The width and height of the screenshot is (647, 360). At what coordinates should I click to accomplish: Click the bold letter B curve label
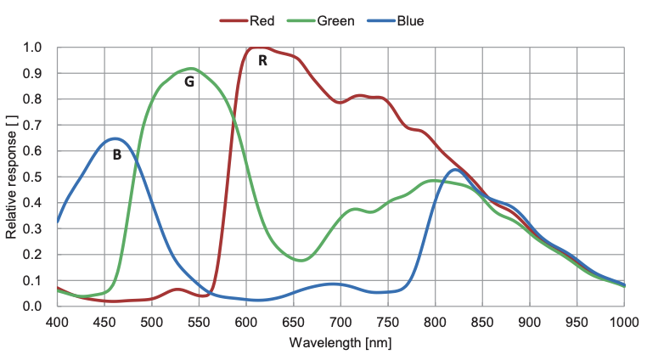coord(117,155)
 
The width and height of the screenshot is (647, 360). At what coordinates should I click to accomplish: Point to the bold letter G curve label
coord(189,82)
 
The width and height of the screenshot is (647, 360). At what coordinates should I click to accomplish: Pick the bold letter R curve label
coord(263,61)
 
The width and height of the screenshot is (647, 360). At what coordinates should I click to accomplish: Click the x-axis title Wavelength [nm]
coord(340,344)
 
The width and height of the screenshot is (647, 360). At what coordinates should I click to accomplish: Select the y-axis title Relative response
coord(12,176)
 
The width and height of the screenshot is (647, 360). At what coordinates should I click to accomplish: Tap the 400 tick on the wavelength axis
coord(57,323)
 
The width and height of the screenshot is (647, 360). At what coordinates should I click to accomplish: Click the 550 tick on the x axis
coord(199,323)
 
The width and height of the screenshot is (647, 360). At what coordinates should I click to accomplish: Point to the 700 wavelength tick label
coord(340,323)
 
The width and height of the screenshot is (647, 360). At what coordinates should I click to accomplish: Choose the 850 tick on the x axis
coord(482,323)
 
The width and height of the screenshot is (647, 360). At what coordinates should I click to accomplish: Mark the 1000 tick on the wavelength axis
coord(623,323)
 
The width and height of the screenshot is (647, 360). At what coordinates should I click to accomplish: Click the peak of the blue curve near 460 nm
coord(115,138)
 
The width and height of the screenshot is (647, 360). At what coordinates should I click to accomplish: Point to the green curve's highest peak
coord(190,69)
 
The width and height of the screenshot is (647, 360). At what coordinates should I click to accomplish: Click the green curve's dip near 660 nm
coord(302,261)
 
